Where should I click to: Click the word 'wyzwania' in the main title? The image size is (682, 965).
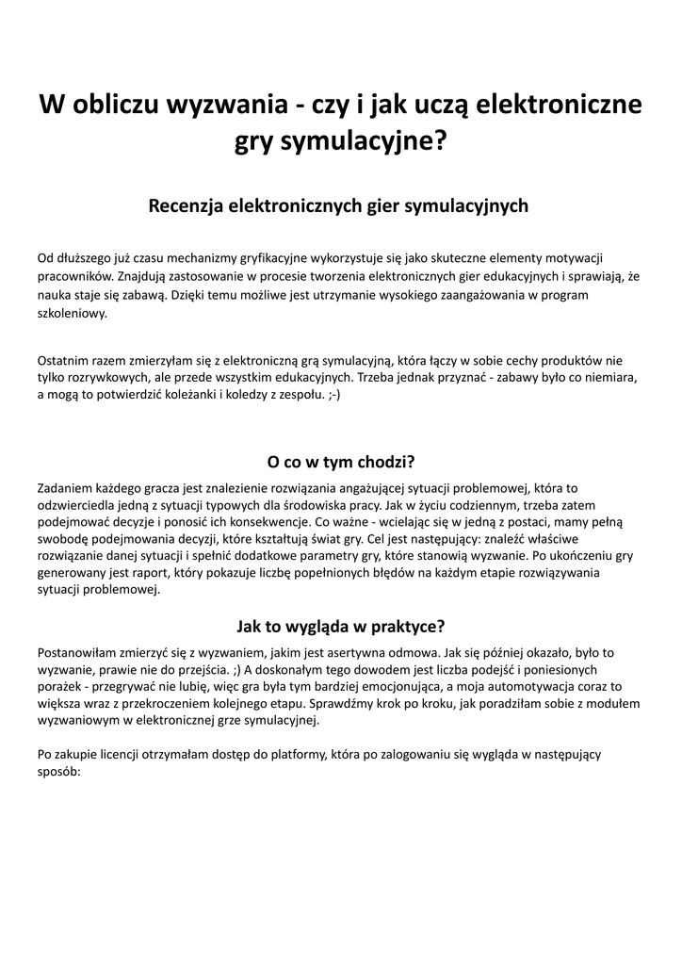tap(216, 104)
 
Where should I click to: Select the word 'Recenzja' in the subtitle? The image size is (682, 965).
tap(185, 205)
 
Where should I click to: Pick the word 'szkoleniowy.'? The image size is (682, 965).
tap(73, 314)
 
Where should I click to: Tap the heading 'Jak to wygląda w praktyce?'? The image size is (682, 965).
tap(340, 626)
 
